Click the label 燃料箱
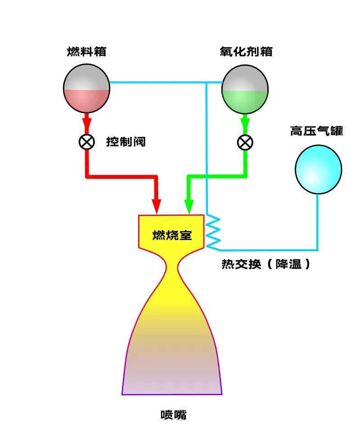86,51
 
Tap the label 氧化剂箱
246,51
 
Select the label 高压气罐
316,131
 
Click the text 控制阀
126,142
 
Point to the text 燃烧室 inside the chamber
172,235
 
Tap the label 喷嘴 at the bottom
173,415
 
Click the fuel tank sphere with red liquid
86,88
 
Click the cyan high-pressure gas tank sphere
318,169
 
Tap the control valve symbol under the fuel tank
86,142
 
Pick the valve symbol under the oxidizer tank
245,143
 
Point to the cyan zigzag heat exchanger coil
213,232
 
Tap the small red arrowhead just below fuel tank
86,123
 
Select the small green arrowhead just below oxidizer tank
245,123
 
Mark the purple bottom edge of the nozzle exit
172,394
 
